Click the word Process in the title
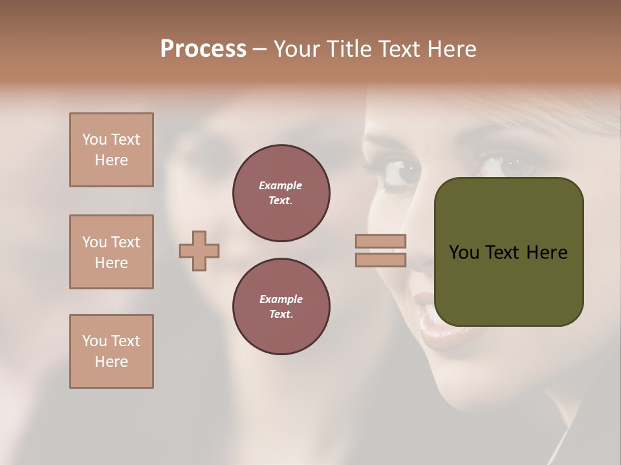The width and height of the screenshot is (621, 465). click(x=203, y=49)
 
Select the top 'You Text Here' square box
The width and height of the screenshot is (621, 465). click(x=111, y=150)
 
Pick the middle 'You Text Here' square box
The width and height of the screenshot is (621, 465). click(x=111, y=252)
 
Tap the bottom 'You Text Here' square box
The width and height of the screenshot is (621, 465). click(x=111, y=351)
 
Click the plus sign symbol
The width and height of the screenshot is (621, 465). click(x=199, y=251)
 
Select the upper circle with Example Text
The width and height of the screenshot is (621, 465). click(x=281, y=193)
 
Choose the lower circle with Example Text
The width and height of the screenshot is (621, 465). click(x=281, y=307)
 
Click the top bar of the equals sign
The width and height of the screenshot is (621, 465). click(x=380, y=242)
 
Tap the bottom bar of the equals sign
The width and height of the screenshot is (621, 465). click(x=380, y=260)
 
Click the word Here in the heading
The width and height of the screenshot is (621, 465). click(x=452, y=49)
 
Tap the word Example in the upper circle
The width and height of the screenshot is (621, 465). click(x=281, y=185)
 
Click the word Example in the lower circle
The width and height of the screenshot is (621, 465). click(x=281, y=299)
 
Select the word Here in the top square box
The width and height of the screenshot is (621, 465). click(x=111, y=160)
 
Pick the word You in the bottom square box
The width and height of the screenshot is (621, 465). click(x=94, y=341)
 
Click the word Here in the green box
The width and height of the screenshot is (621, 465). click(x=547, y=253)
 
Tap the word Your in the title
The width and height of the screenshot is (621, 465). click(x=298, y=49)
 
